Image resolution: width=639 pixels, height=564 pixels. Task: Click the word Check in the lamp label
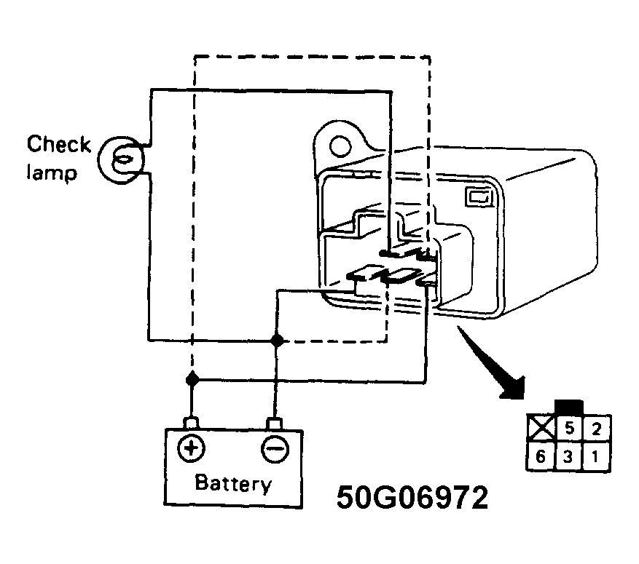tap(58, 144)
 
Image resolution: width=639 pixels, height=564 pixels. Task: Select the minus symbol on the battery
tap(274, 449)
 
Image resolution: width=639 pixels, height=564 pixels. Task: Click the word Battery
tap(233, 484)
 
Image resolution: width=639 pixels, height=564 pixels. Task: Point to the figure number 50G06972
tap(412, 499)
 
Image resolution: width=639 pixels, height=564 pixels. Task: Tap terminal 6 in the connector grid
tap(541, 457)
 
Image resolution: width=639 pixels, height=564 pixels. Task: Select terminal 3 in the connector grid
tap(568, 457)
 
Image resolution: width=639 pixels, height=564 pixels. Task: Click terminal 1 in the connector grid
tap(597, 457)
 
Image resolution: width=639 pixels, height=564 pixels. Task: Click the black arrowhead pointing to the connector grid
tap(513, 386)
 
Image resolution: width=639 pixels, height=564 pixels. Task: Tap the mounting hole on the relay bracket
tap(339, 146)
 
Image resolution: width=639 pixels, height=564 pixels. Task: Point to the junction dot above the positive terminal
tap(192, 379)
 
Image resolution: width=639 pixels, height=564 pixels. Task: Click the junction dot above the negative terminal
tap(275, 340)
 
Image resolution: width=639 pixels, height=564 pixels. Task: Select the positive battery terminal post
tap(192, 424)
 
